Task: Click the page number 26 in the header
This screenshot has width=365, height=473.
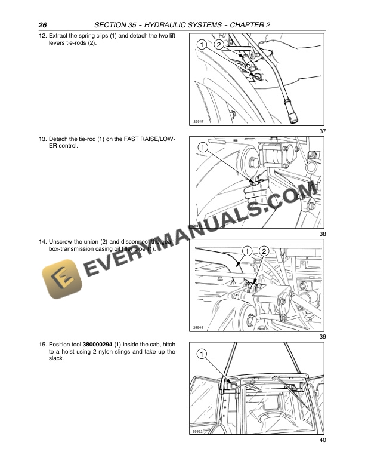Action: coord(42,25)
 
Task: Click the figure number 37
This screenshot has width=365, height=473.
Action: coord(322,131)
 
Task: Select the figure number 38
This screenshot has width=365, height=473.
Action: coord(322,234)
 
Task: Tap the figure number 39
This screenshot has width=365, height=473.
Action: coord(322,337)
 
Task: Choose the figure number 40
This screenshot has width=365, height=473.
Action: coord(322,440)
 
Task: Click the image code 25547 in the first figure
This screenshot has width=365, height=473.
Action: coord(199,122)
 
